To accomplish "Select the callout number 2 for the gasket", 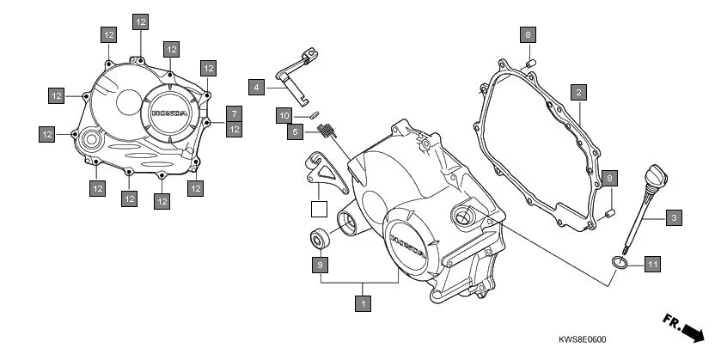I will coord(579,92).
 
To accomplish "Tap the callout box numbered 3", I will coord(674,219).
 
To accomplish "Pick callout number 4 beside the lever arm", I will coord(255,87).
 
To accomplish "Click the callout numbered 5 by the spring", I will coord(295,132).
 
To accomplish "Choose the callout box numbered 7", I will coord(234,113).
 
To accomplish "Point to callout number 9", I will coord(319,265).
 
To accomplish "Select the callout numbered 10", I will coord(284,114).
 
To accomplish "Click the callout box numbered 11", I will coord(651,265).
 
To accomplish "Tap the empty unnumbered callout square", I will coord(319,208).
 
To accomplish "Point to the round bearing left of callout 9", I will coord(317,238).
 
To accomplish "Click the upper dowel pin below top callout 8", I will coord(530,63).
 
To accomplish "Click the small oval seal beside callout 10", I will coord(314,113).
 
